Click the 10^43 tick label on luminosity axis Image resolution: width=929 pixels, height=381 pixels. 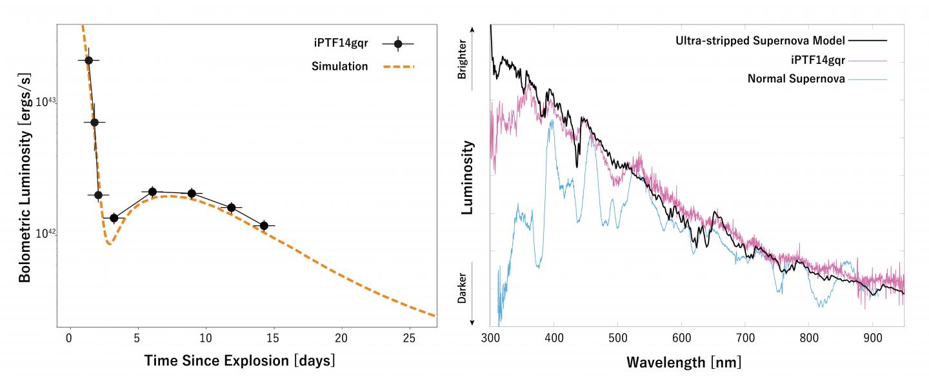pyautogui.click(x=45, y=102)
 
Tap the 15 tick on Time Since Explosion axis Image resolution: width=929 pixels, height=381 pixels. pyautogui.click(x=273, y=338)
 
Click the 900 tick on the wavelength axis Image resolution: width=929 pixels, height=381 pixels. pyautogui.click(x=872, y=338)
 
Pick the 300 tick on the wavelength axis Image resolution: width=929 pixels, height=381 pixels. pyautogui.click(x=490, y=338)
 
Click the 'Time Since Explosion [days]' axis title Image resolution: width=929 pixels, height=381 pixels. pyautogui.click(x=239, y=360)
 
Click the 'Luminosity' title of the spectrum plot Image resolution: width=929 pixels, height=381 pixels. pyautogui.click(x=468, y=178)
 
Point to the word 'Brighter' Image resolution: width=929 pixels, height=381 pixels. pyautogui.click(x=462, y=62)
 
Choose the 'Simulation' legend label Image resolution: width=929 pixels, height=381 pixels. pyautogui.click(x=339, y=67)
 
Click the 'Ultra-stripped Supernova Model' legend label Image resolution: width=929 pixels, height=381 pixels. pyautogui.click(x=760, y=41)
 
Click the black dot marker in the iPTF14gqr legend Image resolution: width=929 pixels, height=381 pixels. pyautogui.click(x=398, y=44)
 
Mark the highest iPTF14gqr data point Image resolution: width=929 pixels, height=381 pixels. pyautogui.click(x=89, y=60)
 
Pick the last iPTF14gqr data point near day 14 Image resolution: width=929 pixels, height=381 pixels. pyautogui.click(x=264, y=225)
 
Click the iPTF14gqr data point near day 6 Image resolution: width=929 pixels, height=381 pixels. pyautogui.click(x=152, y=192)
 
